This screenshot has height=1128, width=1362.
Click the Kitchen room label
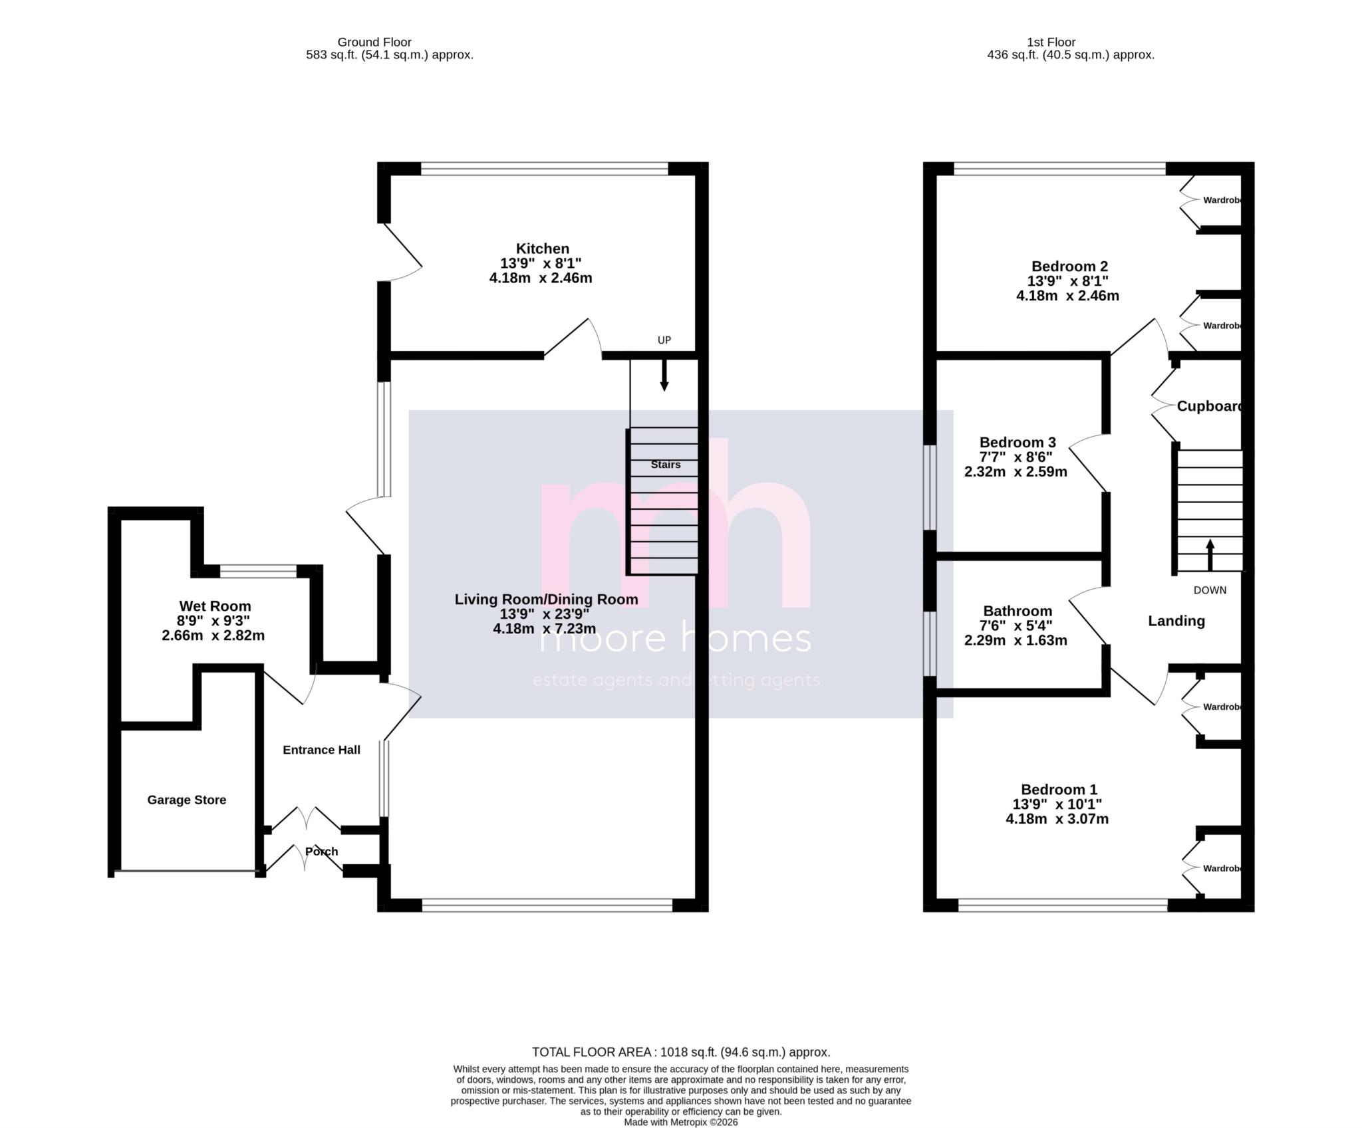click(543, 249)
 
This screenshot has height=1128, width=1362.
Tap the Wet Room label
click(215, 606)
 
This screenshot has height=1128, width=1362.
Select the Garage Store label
click(187, 800)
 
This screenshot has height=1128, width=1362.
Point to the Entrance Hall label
click(321, 750)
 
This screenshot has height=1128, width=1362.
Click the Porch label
click(322, 851)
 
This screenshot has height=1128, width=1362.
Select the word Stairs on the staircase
click(666, 465)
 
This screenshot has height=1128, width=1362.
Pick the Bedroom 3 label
click(1018, 443)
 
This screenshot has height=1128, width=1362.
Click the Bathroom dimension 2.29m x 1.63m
click(1016, 641)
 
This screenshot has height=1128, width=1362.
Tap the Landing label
click(1176, 621)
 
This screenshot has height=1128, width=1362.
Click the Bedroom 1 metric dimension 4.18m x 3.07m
click(1057, 819)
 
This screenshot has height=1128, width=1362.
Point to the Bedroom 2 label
click(1069, 267)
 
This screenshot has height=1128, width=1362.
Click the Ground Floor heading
click(374, 43)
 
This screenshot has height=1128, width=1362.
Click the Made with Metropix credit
click(681, 1122)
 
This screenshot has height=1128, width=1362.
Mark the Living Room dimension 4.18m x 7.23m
click(544, 628)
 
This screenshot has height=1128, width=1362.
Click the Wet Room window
click(258, 570)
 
